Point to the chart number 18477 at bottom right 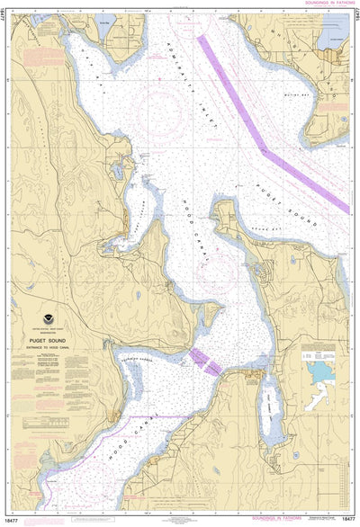click(x=348, y=521)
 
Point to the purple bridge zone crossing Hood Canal click(x=205, y=361)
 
